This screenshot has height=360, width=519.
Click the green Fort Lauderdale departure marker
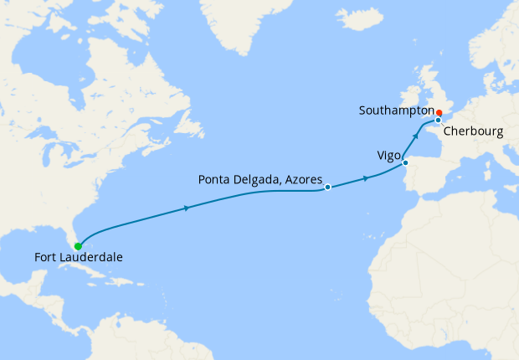point(78,246)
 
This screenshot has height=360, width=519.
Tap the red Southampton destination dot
point(439,112)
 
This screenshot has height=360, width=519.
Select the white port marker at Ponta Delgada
point(327,188)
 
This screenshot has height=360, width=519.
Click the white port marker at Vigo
point(405,163)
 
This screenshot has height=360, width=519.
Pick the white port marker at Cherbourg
point(438,121)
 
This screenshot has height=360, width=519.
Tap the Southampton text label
point(394,111)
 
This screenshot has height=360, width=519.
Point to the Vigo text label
point(389,155)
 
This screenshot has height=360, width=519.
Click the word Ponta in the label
point(214,178)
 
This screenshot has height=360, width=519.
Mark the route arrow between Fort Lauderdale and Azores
point(185,208)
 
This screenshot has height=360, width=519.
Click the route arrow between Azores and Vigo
point(366,178)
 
